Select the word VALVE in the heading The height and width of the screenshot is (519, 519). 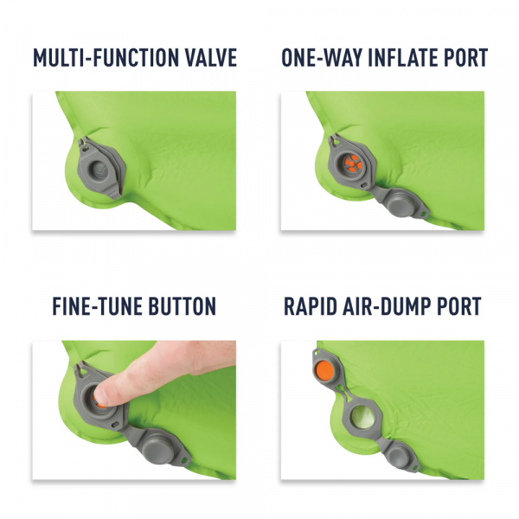(x=208, y=58)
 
